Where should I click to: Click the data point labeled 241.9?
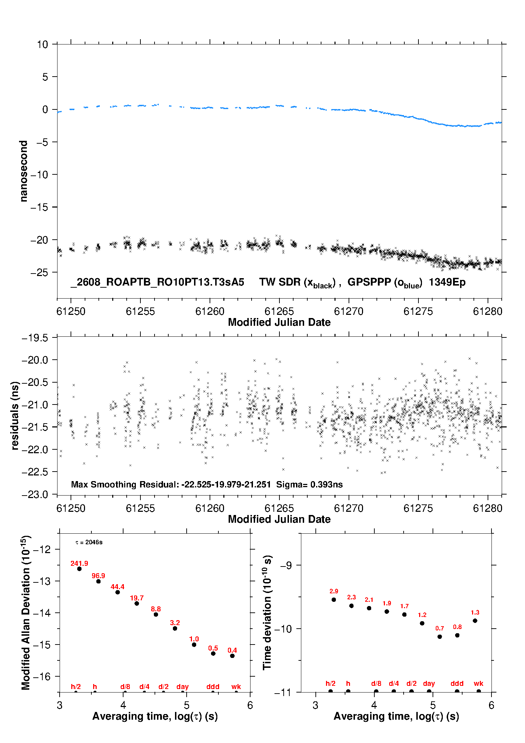[x=79, y=569]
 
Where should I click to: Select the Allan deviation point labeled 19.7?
[x=137, y=603]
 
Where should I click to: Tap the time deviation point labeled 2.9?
[x=334, y=599]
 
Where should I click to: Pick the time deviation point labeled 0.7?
[x=440, y=636]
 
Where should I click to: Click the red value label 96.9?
[x=98, y=576]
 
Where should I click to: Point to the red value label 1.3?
[x=475, y=612]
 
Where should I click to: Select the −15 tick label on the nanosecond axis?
[x=39, y=207]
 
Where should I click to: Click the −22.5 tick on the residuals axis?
[x=35, y=472]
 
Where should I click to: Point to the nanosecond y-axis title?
[x=23, y=171]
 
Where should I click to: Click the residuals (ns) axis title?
[x=15, y=415]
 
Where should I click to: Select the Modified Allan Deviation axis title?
[x=26, y=612]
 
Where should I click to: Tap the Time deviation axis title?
[x=267, y=612]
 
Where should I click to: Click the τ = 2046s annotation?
[x=89, y=542]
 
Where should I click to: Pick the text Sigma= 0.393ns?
[x=309, y=484]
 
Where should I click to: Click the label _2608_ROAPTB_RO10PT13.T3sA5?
[x=157, y=282]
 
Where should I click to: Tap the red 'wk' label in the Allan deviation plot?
[x=236, y=687]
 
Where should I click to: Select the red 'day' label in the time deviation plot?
[x=429, y=684]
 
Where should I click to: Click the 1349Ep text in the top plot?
[x=447, y=282]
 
